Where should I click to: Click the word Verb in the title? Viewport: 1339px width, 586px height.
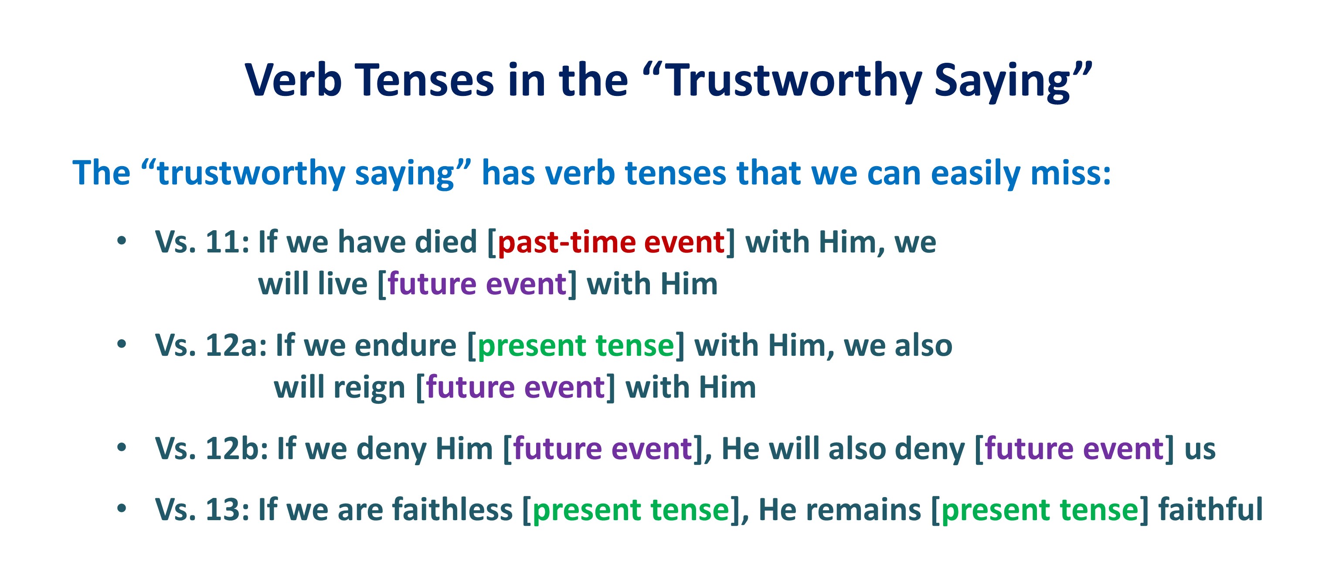coord(293,80)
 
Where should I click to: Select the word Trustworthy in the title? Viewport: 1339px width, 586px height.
coord(794,82)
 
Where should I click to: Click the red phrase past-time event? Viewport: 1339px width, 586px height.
coord(611,242)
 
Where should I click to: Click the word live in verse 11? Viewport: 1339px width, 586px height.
coord(343,284)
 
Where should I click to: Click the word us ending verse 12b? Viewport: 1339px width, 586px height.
coord(1200,451)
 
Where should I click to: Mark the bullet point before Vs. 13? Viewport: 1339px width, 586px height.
coord(122,508)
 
